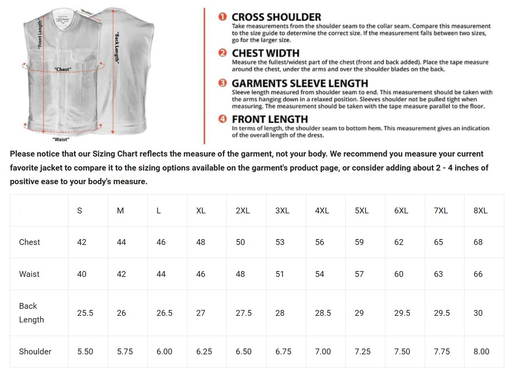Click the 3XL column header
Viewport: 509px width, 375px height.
[282, 211]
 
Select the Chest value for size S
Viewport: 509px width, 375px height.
[82, 242]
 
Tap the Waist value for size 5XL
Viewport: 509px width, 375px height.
[359, 274]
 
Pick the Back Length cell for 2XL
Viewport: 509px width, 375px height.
[244, 313]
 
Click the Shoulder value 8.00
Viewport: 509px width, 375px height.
[481, 352]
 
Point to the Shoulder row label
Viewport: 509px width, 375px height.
[35, 352]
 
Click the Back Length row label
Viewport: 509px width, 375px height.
[31, 313]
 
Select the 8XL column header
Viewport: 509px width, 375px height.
[481, 211]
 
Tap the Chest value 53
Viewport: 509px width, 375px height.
[280, 242]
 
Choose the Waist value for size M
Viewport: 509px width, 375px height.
[122, 274]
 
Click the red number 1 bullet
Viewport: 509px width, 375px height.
[223, 17]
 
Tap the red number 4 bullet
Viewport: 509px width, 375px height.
[223, 119]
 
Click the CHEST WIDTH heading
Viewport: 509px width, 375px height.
[265, 53]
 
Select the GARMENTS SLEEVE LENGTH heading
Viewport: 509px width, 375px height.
[300, 83]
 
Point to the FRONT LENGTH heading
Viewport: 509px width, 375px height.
[270, 119]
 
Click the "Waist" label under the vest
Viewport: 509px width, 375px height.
[61, 139]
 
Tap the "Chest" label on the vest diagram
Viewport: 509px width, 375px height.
[63, 69]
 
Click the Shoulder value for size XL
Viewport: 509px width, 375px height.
[204, 352]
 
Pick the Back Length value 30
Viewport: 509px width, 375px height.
[478, 313]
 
